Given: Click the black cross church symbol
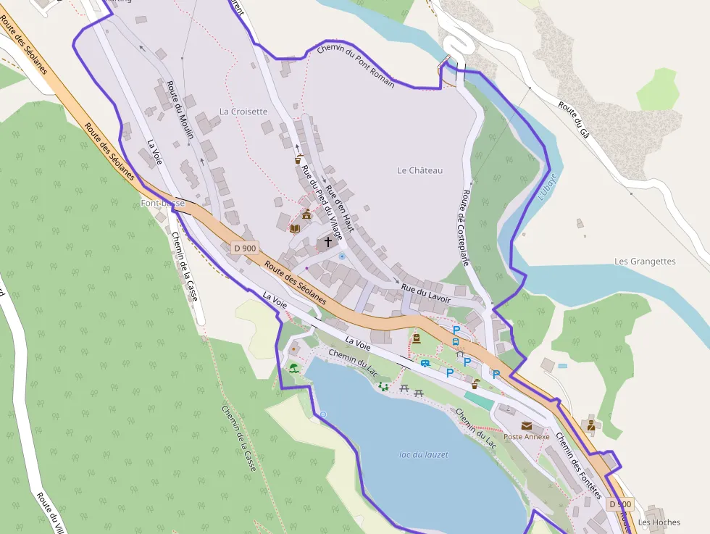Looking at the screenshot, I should [x=328, y=242].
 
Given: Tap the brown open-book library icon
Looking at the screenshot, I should [x=294, y=228].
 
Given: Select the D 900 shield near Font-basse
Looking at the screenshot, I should [x=245, y=249].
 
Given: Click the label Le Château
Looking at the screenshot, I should [x=419, y=170].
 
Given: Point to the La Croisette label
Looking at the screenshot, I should [x=243, y=112].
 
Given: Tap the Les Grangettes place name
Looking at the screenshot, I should [x=644, y=262].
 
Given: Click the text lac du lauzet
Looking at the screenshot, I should [x=424, y=455].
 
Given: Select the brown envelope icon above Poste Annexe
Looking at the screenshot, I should [x=526, y=425].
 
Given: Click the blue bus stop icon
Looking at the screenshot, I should [x=455, y=342].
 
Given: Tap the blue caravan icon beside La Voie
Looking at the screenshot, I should [x=425, y=363].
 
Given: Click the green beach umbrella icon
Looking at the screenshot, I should [x=293, y=369].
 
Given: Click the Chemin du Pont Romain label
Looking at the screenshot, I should [x=356, y=66].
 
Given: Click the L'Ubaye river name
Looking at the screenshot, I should [x=547, y=186].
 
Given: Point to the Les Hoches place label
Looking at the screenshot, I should [x=659, y=522].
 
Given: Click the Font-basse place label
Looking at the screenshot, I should [x=162, y=204].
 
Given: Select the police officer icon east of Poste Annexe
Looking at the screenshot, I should [x=590, y=425].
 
